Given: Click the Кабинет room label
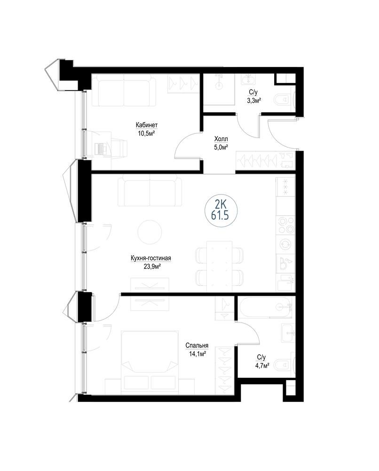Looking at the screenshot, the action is (x=146, y=125).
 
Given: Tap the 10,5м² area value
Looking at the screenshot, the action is (x=146, y=133).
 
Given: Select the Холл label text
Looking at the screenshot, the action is (x=221, y=139).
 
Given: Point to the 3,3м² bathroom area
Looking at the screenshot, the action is (x=253, y=101).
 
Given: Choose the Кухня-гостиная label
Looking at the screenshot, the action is (x=151, y=258).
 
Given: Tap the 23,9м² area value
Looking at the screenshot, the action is (x=152, y=266).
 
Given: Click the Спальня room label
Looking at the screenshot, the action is (x=197, y=346).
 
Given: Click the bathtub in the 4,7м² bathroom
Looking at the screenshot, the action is (x=265, y=307).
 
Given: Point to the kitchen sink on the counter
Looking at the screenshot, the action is (x=285, y=263).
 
